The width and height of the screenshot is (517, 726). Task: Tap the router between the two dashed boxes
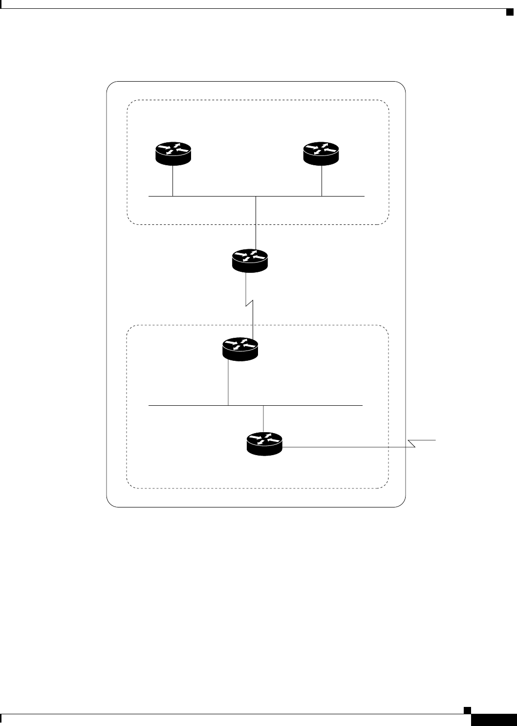pos(250,260)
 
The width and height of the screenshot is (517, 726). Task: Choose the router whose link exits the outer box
pos(264,444)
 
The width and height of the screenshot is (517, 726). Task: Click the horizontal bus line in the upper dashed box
pos(210,196)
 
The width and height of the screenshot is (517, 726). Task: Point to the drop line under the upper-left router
pos(173,181)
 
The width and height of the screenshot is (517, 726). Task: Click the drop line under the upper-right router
pos(322,181)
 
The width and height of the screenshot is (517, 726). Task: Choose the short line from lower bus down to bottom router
pos(264,418)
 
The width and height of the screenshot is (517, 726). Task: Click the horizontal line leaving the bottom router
pos(342,447)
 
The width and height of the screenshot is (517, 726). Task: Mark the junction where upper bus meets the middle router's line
pos(256,196)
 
